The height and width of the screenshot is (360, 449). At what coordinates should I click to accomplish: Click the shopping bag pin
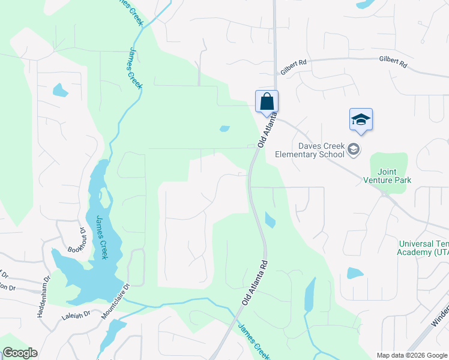coord(267,101)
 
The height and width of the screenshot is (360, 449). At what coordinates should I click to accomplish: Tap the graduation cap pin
coord(361,119)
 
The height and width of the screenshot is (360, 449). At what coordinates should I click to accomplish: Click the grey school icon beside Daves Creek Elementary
coord(354,149)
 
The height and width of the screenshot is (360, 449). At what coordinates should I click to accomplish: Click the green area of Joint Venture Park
coord(389,159)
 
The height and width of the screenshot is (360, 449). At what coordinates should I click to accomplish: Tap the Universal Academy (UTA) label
coord(423,248)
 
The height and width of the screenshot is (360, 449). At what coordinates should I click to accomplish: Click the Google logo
coord(20,353)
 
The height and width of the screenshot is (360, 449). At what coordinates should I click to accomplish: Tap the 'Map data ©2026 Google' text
coord(412,355)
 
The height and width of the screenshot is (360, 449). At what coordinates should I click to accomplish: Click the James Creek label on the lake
coord(101,238)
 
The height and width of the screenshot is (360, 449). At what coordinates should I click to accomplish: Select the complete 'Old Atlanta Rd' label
coord(254,283)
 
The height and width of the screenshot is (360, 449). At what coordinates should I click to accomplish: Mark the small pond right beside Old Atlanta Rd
coord(270,220)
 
